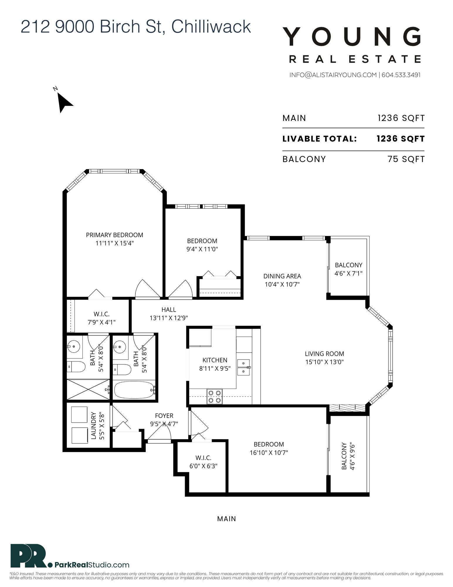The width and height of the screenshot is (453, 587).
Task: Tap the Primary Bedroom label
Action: (x=115, y=235)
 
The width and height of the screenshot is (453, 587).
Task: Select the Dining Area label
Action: (x=282, y=276)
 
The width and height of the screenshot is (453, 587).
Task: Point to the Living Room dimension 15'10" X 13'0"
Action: (x=324, y=362)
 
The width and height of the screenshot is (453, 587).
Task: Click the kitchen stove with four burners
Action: (x=214, y=396)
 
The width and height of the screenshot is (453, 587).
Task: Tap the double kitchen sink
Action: (x=243, y=367)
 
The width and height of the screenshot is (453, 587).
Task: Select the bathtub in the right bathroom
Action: (x=134, y=390)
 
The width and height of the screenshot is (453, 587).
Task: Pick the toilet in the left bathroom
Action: (x=76, y=367)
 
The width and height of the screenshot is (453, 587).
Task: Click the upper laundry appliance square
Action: (x=79, y=414)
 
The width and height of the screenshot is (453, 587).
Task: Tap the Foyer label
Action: (x=164, y=416)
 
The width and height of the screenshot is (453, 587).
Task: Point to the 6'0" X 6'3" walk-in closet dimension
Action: (x=203, y=466)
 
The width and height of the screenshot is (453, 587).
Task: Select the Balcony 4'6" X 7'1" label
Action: (x=349, y=269)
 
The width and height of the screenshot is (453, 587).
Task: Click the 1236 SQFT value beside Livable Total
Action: (x=401, y=139)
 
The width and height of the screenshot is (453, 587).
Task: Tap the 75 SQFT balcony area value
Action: (x=406, y=159)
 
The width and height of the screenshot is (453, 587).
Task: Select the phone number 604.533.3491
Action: (x=401, y=75)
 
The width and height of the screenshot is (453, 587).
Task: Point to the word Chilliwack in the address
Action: (x=211, y=26)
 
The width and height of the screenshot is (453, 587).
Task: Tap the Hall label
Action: (x=169, y=309)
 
